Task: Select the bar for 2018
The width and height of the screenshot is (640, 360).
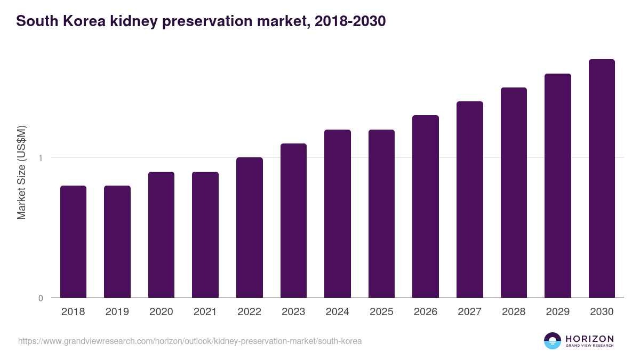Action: point(73,242)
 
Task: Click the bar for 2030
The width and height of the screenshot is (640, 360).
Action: point(602,179)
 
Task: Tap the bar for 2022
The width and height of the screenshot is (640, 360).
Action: point(249,228)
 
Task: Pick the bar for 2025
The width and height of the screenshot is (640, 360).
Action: point(381,213)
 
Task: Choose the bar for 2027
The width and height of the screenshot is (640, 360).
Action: point(469,199)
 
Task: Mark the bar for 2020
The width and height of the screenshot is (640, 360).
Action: point(161,235)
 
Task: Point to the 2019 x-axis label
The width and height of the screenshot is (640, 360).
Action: point(117,312)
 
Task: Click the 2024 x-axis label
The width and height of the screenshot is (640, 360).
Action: point(337,312)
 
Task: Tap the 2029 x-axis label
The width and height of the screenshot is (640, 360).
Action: point(557,312)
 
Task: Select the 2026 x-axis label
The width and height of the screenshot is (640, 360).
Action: point(425,312)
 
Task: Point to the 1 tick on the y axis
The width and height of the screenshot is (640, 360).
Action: point(41,158)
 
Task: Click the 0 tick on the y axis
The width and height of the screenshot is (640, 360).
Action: point(41,298)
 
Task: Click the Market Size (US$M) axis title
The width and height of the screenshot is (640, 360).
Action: point(21,172)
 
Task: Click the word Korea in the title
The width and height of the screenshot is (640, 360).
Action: point(82,21)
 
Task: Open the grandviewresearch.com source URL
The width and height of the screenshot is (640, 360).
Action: point(190,341)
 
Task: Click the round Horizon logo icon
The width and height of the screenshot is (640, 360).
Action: point(552,341)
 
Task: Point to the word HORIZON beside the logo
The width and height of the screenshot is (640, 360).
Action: point(589,339)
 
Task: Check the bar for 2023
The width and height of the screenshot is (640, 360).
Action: point(293,221)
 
